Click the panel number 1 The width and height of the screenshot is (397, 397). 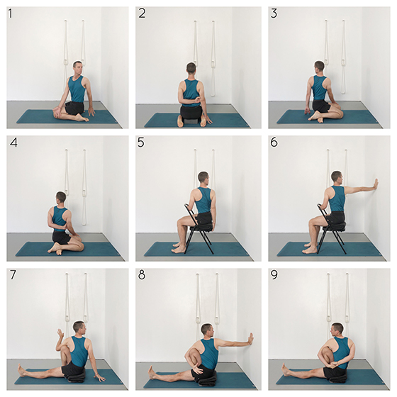(10, 13)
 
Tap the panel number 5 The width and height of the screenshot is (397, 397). (141, 142)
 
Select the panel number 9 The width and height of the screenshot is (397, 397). (274, 275)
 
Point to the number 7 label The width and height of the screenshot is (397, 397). (13, 275)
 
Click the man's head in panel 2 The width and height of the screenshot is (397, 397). (191, 70)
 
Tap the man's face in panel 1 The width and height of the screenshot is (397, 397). (78, 69)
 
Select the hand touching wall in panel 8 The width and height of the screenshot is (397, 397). (251, 339)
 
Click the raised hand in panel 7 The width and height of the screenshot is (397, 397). (60, 333)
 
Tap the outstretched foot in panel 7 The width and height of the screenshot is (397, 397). (21, 370)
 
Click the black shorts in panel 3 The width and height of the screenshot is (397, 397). (322, 106)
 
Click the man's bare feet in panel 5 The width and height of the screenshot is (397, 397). (179, 247)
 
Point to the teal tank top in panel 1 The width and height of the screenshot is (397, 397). (76, 89)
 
